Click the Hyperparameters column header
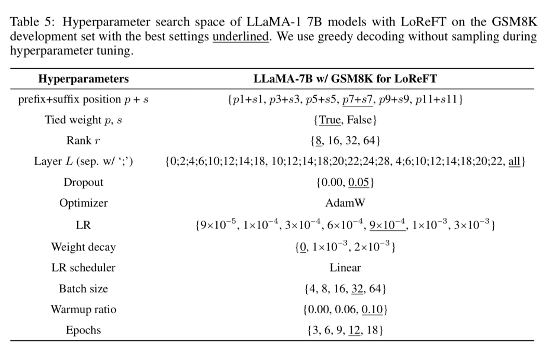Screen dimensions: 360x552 coord(83,79)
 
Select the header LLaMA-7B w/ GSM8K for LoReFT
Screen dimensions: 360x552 coord(345,79)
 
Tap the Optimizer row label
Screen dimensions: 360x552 coord(83,203)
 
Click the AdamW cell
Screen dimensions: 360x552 coord(345,203)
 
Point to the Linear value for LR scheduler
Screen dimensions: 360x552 coord(345,267)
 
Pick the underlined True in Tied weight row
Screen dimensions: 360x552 coord(330,120)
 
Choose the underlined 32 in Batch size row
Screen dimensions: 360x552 coord(358,288)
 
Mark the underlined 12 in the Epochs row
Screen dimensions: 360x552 coord(356,330)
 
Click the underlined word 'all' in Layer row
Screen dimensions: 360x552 coord(514,161)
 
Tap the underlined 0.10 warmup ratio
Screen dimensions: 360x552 coord(372,310)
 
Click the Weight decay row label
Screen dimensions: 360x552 coord(83,247)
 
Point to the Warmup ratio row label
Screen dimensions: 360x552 coord(83,310)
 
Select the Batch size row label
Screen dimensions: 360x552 coord(83,288)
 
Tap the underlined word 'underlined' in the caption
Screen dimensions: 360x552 coord(241,37)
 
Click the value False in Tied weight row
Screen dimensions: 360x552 coord(359,120)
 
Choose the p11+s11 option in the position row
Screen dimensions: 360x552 coord(439,99)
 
